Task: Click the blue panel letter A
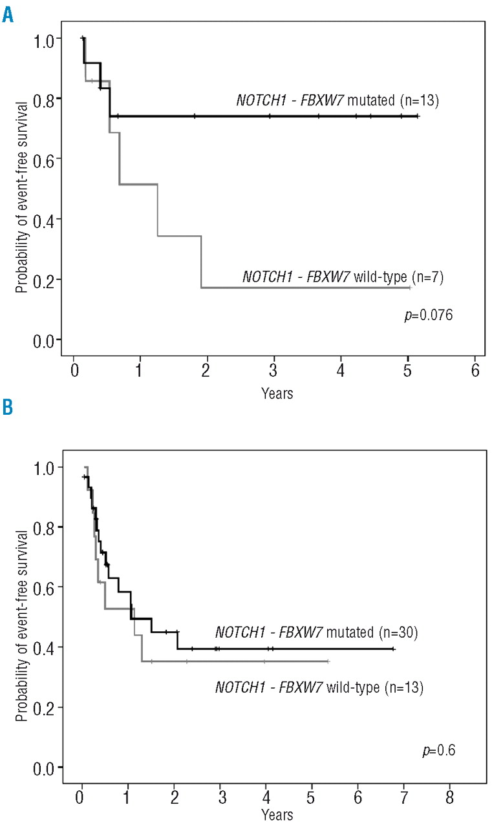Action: [7, 12]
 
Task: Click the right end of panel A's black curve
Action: [418, 116]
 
